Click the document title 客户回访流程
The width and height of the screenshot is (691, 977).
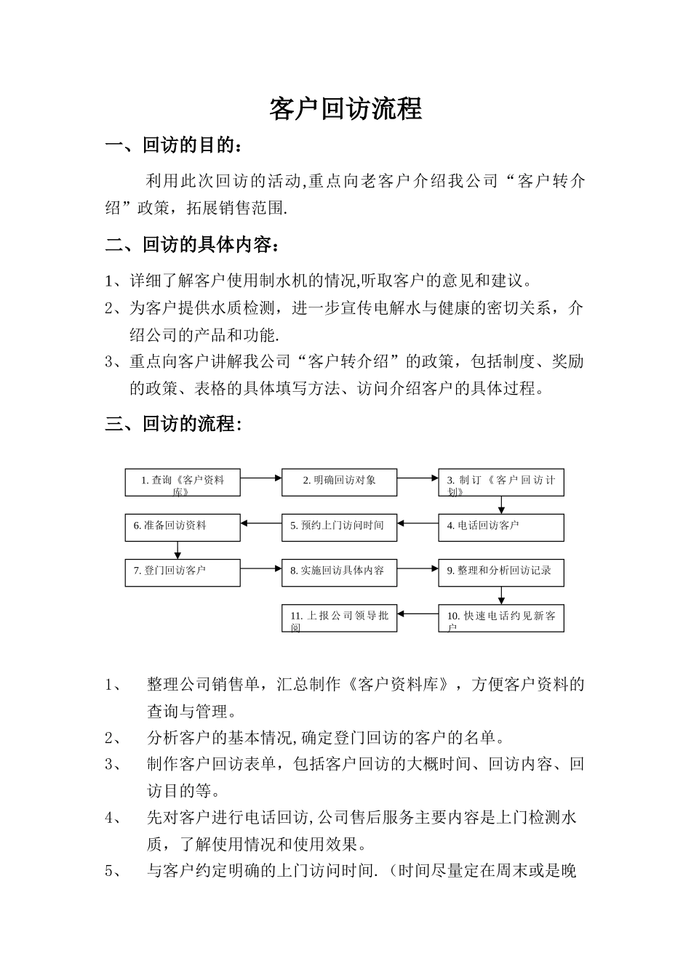345,109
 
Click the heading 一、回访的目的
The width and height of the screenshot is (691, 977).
175,145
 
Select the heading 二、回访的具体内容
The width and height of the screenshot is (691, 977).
192,245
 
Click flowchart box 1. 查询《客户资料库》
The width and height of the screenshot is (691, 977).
183,483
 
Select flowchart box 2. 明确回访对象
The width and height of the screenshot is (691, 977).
339,483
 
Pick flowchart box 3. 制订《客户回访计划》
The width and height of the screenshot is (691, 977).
501,483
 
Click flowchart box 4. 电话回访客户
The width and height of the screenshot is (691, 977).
501,528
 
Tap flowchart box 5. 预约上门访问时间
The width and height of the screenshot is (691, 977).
339,528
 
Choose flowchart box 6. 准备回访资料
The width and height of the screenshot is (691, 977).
183,528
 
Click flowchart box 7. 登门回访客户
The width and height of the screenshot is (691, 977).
183,573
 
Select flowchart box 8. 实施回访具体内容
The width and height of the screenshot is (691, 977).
339,573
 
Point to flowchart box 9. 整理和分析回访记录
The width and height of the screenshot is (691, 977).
501,573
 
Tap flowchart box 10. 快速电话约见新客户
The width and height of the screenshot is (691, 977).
501,618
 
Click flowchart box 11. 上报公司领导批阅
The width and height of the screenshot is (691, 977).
339,618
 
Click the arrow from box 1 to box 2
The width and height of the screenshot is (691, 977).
261,478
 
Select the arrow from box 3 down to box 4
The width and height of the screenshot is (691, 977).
501,505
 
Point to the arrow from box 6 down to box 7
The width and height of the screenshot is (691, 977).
177,550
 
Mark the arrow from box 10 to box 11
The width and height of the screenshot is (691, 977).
418,614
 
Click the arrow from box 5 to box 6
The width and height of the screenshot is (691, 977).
261,523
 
